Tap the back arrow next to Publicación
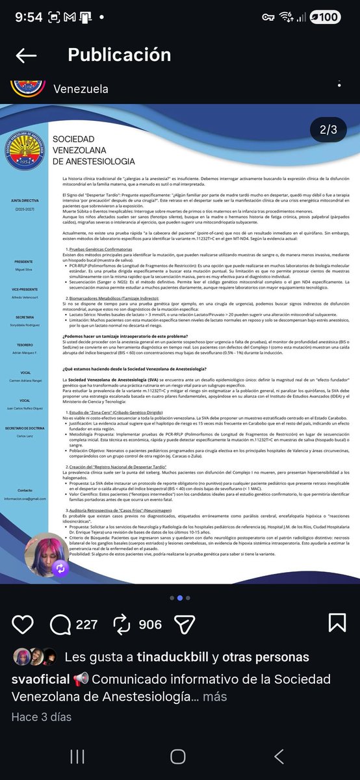click(x=26, y=55)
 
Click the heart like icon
click(x=23, y=624)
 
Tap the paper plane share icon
click(x=185, y=624)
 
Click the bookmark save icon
click(x=337, y=624)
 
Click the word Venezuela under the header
click(x=81, y=88)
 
